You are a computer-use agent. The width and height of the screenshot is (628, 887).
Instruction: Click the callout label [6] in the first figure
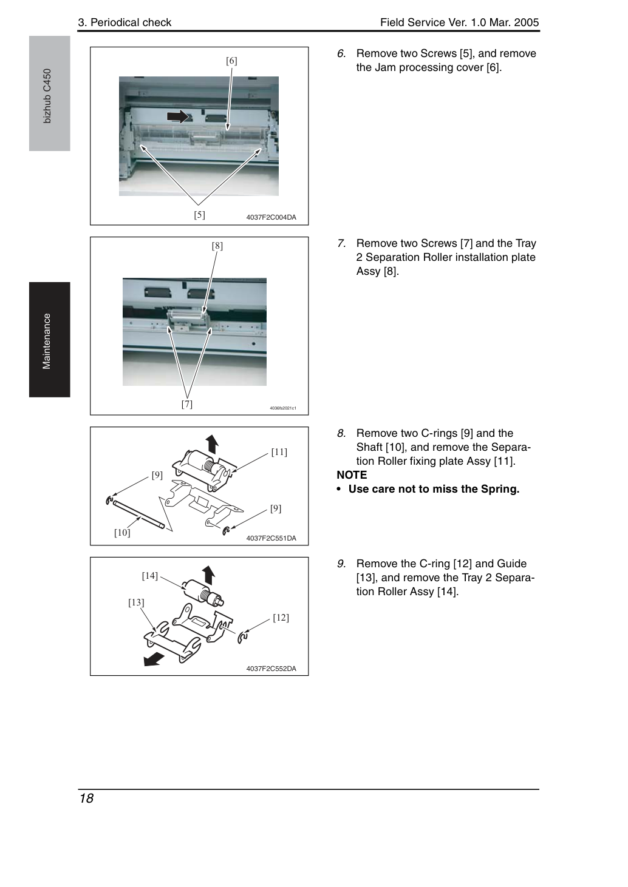click(x=231, y=61)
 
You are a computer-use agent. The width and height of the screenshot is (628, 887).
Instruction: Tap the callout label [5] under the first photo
click(x=199, y=215)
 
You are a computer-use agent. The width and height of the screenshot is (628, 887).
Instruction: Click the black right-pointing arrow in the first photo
click(x=177, y=116)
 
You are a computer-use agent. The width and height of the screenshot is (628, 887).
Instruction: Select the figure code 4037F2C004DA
click(x=271, y=217)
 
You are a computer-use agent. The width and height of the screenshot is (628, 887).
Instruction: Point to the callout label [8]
click(x=217, y=246)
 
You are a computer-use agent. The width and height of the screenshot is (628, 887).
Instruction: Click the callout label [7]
click(x=187, y=404)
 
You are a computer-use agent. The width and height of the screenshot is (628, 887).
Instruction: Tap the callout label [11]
click(x=279, y=452)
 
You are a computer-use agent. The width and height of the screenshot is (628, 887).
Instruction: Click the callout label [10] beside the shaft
click(x=122, y=533)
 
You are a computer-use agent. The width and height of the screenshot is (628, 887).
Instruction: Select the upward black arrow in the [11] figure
click(x=212, y=444)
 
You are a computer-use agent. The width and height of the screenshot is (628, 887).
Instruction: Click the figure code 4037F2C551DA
click(x=271, y=538)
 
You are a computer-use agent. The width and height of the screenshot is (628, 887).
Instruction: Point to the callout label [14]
click(x=150, y=576)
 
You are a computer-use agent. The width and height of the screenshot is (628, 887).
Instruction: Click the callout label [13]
click(x=136, y=602)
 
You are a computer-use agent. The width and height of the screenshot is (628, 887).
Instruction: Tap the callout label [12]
click(x=281, y=618)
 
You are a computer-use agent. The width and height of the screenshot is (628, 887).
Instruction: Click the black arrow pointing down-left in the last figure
click(x=154, y=659)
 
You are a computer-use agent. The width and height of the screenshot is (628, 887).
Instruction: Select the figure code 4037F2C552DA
click(x=271, y=669)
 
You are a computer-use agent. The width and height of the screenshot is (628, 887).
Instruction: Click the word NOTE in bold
click(x=352, y=475)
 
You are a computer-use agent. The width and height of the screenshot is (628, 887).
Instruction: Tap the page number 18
click(x=86, y=798)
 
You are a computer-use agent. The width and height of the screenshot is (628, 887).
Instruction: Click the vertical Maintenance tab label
click(x=47, y=342)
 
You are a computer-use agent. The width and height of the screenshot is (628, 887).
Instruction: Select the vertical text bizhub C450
click(x=47, y=96)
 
